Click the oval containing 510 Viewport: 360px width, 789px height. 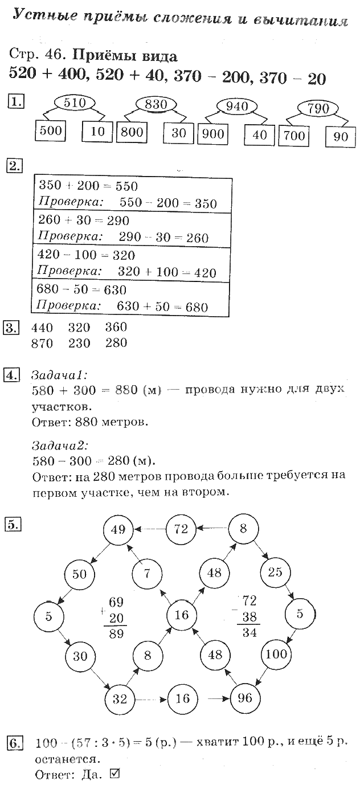[x=75, y=103]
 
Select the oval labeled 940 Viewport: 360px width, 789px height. [x=238, y=106]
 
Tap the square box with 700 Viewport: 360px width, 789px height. [x=294, y=136]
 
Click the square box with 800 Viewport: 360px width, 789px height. [x=132, y=133]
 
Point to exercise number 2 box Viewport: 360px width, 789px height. [x=14, y=166]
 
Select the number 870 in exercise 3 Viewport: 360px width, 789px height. [x=42, y=344]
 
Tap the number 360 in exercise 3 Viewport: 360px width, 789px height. [x=116, y=328]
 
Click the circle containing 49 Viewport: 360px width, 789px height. [x=118, y=530]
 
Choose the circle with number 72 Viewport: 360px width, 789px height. [x=181, y=529]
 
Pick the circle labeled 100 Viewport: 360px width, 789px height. [x=277, y=653]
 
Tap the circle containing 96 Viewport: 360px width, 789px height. [x=244, y=698]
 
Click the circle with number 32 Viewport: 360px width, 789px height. [x=119, y=698]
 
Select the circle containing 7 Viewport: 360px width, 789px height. [x=147, y=573]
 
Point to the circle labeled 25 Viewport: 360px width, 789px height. [x=276, y=572]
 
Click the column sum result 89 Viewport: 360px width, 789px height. [x=116, y=632]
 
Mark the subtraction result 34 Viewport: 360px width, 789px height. [x=247, y=632]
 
